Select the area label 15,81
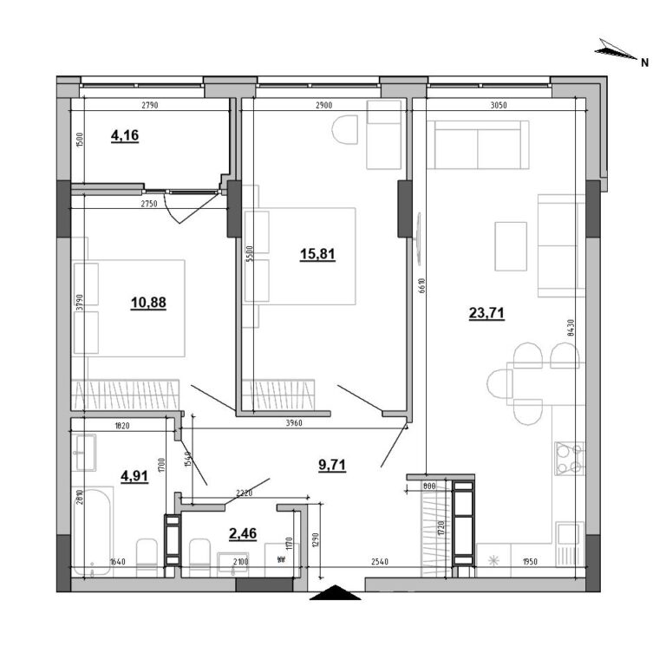click(x=316, y=254)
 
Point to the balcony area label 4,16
click(x=126, y=134)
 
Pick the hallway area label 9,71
click(x=333, y=464)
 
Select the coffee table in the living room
click(x=511, y=246)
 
